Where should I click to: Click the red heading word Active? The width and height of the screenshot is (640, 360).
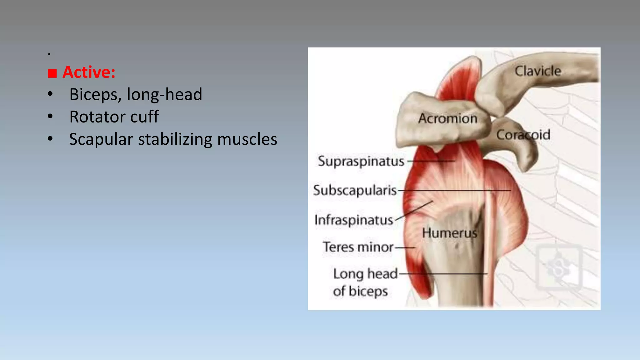click(89, 72)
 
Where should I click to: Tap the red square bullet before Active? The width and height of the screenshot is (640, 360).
click(52, 73)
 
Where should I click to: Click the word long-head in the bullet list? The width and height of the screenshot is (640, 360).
click(164, 94)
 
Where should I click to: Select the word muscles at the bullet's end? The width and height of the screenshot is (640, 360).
click(247, 139)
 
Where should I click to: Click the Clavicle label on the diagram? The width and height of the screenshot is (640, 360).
click(537, 71)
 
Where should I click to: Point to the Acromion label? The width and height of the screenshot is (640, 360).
click(448, 118)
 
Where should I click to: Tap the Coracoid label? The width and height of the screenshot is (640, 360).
click(523, 135)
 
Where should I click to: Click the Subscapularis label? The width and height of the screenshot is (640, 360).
click(355, 190)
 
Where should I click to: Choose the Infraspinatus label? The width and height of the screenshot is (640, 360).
click(353, 220)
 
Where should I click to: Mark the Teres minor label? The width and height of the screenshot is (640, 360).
click(358, 247)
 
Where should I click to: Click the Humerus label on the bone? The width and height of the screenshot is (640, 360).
click(449, 233)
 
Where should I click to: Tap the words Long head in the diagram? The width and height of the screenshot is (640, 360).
click(365, 274)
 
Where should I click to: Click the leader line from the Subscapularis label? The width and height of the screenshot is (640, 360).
click(453, 190)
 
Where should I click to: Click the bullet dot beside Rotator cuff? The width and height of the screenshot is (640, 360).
click(50, 117)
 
